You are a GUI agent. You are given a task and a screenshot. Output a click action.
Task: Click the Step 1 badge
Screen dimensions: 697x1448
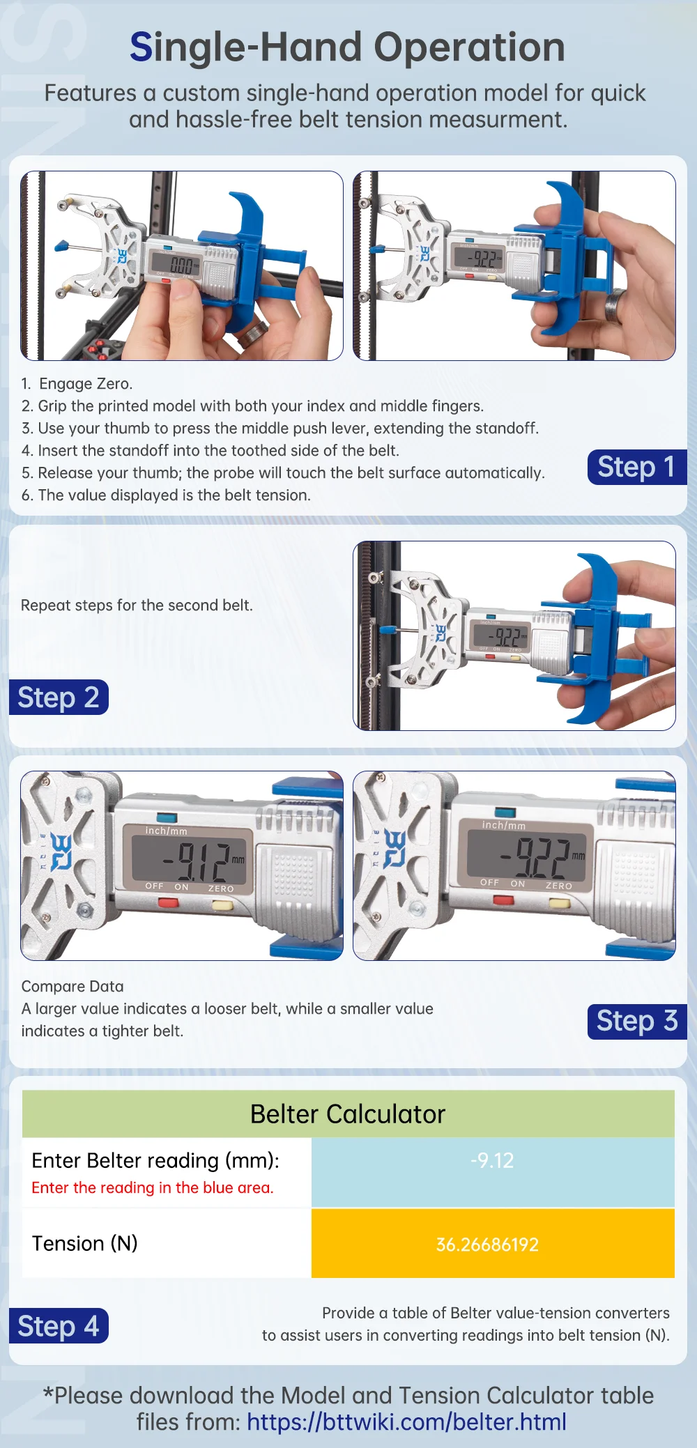[x=637, y=467]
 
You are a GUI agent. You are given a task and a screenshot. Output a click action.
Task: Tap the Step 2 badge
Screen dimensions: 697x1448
[x=59, y=697]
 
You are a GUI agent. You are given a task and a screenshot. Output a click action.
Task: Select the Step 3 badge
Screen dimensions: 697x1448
[x=637, y=1022]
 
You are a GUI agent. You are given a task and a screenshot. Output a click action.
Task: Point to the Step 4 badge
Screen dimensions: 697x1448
[x=59, y=1325]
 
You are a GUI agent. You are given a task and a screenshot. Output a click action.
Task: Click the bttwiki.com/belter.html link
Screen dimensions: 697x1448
[x=406, y=1422]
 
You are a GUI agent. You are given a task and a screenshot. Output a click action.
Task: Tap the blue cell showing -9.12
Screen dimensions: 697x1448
[x=493, y=1172]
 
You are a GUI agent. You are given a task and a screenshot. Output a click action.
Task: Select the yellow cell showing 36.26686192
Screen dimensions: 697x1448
[x=493, y=1243]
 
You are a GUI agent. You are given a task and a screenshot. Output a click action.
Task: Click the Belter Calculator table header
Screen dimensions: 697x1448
[x=348, y=1114]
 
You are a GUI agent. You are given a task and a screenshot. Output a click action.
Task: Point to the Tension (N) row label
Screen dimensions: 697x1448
[x=85, y=1243]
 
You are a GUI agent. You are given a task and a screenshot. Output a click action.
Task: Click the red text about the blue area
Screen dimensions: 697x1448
[x=153, y=1187]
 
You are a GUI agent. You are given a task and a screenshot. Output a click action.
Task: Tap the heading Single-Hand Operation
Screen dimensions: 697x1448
[x=347, y=47]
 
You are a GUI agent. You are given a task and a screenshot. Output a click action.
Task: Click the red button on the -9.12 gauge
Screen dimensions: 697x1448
[x=169, y=902]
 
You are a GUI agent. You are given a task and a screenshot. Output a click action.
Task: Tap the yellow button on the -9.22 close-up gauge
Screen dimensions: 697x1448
[x=560, y=903]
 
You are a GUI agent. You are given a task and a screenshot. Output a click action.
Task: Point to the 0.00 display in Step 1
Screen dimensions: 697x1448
[x=181, y=265]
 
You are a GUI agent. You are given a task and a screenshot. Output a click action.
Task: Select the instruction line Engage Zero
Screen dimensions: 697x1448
[x=77, y=383]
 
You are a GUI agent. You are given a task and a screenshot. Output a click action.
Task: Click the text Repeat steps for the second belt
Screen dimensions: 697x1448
[x=137, y=605]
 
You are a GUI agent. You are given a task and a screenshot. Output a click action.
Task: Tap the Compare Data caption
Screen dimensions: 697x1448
[x=72, y=986]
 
